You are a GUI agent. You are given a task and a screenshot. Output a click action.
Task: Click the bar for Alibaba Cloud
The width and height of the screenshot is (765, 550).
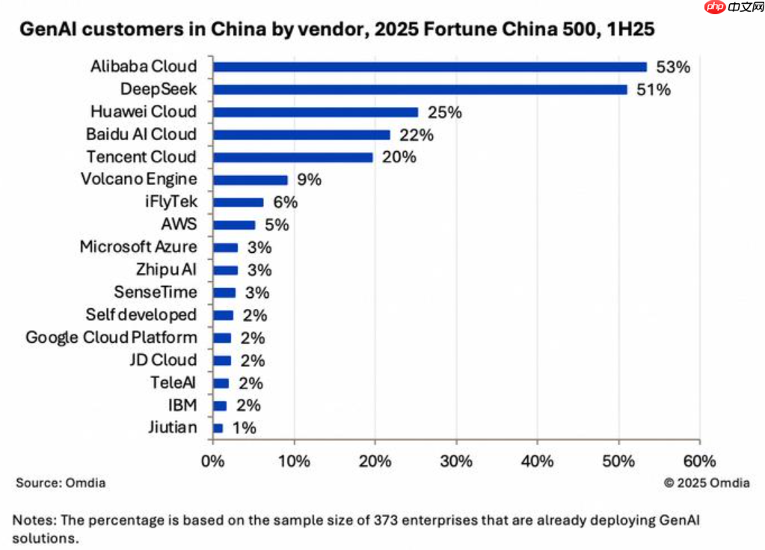click(x=429, y=67)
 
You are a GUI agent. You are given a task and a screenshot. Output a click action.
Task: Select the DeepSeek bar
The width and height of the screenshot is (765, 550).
click(x=420, y=89)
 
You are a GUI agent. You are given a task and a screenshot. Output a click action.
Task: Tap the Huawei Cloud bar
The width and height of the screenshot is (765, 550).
click(x=316, y=112)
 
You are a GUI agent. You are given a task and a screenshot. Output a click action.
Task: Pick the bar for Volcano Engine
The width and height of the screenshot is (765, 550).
click(x=250, y=180)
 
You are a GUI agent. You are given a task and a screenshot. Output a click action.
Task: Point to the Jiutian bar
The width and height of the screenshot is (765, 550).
click(x=218, y=428)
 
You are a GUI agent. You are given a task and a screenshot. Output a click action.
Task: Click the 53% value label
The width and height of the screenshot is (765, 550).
click(x=672, y=67)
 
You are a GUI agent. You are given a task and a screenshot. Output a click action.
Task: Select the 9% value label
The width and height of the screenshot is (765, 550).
click(x=308, y=180)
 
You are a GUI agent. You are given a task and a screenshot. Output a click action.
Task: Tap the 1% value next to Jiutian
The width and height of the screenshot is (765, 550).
click(x=244, y=428)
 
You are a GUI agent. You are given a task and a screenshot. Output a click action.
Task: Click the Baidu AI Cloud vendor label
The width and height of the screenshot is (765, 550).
click(x=141, y=135)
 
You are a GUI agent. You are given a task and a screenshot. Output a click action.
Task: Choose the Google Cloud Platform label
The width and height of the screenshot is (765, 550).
click(x=111, y=337)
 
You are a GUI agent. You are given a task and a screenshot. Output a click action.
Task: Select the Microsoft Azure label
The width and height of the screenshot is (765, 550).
click(x=138, y=247)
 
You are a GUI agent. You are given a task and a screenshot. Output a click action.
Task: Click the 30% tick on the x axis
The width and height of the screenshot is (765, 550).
click(x=455, y=461)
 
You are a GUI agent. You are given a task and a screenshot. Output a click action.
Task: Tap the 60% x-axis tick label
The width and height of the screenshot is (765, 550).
click(x=699, y=461)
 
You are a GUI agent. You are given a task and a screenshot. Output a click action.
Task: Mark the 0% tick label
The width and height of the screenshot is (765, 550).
click(x=213, y=461)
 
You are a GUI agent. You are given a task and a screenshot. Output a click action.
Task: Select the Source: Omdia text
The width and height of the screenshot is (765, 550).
click(x=61, y=483)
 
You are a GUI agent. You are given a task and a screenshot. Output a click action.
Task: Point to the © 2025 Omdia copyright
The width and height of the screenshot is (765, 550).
click(x=706, y=483)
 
